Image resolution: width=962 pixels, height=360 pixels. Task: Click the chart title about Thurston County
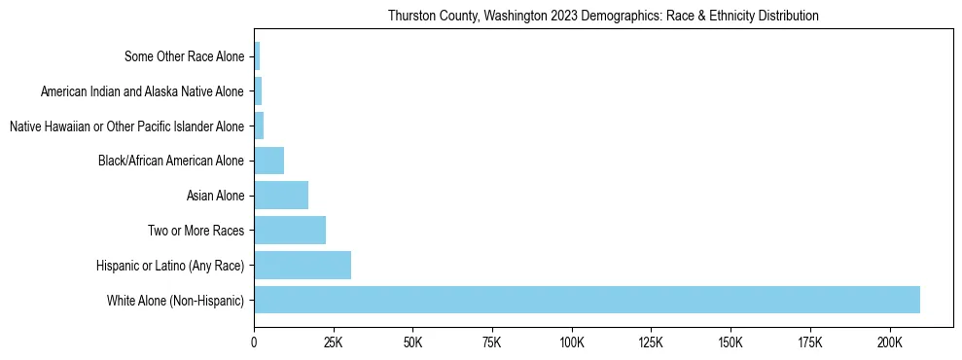[603, 17]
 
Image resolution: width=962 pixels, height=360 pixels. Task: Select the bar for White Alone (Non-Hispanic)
[587, 300]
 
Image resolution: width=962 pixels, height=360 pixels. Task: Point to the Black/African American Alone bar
[269, 161]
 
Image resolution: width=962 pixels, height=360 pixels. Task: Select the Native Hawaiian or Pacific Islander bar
[259, 126]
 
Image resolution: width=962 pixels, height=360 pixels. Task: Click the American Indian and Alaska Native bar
[258, 91]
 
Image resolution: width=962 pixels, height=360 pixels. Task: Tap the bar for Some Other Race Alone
[257, 56]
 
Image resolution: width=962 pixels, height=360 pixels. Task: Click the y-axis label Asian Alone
[215, 197]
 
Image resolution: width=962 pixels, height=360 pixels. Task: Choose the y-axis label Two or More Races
[196, 231]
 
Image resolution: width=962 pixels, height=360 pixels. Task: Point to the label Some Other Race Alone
[184, 56]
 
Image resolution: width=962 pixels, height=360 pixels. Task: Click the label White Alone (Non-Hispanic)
[175, 301]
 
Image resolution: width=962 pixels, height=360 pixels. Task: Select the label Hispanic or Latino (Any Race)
[170, 266]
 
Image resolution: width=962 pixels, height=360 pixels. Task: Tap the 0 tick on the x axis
[254, 342]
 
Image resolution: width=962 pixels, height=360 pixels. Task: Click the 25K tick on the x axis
[334, 342]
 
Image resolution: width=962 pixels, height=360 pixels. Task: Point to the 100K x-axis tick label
[571, 342]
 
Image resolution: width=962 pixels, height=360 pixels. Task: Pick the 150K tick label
[730, 342]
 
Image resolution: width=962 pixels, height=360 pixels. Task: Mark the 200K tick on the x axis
[889, 342]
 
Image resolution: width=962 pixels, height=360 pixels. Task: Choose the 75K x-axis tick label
[492, 342]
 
